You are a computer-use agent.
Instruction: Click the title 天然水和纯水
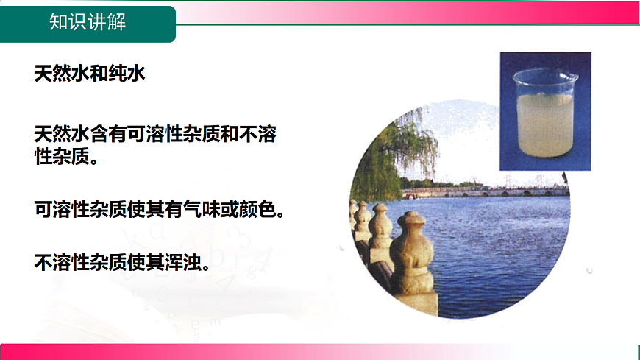pos(90,74)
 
